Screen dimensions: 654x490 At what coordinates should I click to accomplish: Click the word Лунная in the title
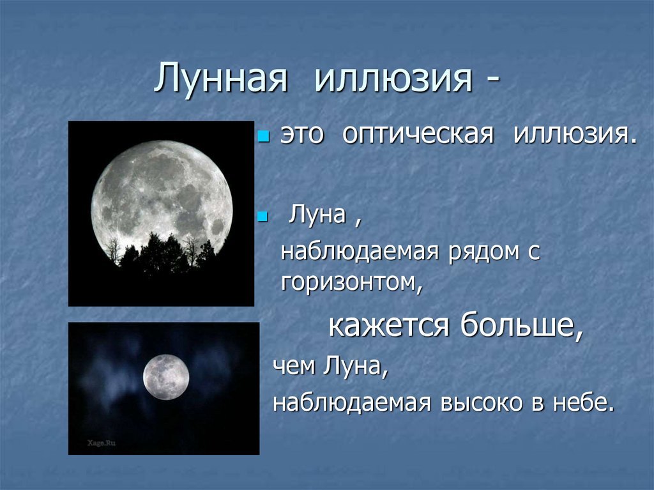[x=221, y=78]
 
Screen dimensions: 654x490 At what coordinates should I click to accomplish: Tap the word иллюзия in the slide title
[x=393, y=78]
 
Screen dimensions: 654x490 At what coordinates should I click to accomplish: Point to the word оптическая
[x=418, y=134]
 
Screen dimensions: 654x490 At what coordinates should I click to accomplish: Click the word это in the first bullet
[x=302, y=135]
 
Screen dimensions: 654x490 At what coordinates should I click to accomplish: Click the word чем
[x=294, y=366]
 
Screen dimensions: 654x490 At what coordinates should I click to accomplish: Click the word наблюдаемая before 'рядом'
[x=360, y=251]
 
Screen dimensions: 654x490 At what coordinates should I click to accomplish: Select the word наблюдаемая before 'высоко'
[x=352, y=402]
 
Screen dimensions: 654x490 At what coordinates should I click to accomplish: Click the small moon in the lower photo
[x=166, y=377]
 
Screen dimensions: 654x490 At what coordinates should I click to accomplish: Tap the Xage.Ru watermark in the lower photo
[x=102, y=443]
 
